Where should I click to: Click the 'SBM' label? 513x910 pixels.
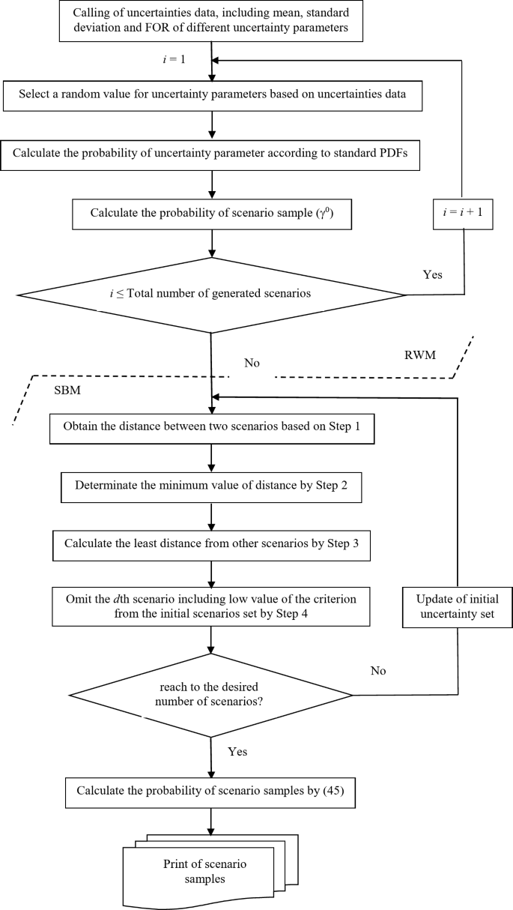tap(68, 391)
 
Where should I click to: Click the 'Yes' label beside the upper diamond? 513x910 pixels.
tap(432, 275)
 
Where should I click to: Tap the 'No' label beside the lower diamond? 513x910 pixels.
tap(379, 670)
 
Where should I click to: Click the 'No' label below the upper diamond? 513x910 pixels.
tap(252, 363)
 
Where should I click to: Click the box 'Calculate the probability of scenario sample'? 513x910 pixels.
tap(212, 213)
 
